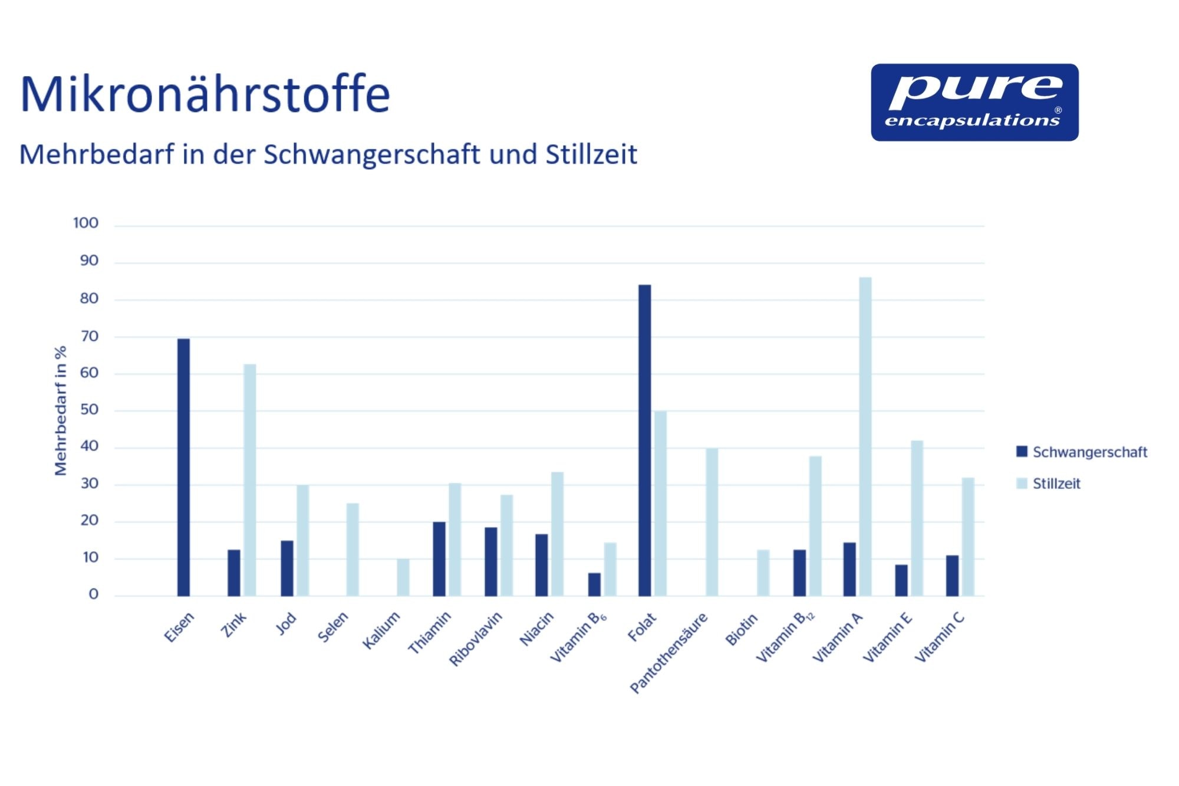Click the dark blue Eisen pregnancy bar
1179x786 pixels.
[183, 467]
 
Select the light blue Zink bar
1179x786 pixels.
[250, 480]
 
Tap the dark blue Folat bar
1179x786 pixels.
[645, 440]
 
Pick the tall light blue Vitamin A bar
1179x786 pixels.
[865, 436]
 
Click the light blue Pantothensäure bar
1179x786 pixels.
[712, 522]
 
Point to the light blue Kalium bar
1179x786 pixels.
[403, 577]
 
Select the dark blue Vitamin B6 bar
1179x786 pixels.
[594, 584]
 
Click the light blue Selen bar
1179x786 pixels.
[353, 550]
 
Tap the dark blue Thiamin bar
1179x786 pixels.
[439, 559]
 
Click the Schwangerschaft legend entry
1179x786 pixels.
[1082, 452]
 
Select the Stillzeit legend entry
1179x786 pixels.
[1049, 484]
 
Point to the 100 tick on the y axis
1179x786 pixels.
[86, 223]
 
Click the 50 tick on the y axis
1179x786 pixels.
[90, 410]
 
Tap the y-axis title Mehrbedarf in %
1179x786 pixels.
[61, 410]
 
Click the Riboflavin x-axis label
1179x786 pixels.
[476, 639]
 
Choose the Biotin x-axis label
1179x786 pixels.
[742, 629]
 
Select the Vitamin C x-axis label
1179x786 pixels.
[940, 637]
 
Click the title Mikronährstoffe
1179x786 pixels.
[205, 94]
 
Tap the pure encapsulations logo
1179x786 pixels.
[975, 103]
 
